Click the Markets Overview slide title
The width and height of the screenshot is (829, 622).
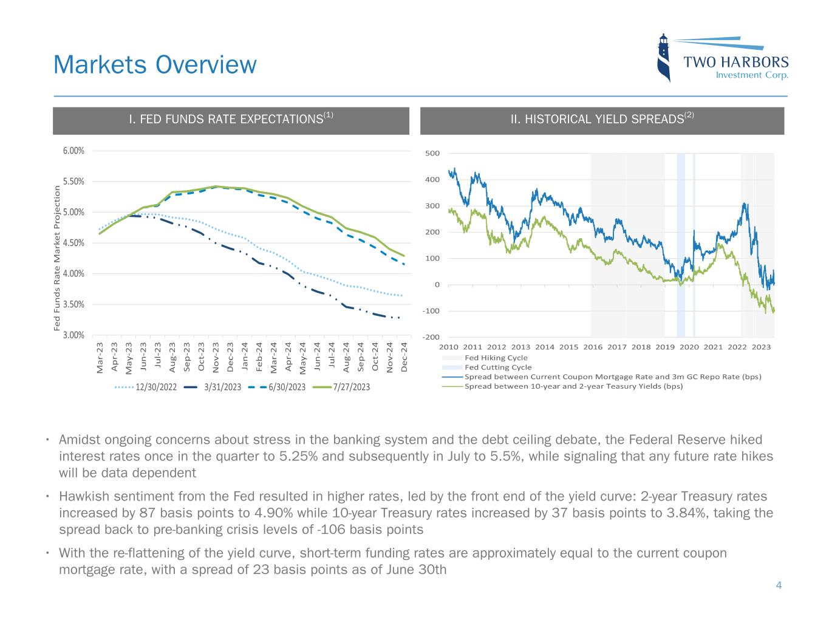click(155, 64)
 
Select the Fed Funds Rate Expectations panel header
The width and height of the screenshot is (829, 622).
click(231, 120)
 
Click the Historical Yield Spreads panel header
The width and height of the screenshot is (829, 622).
click(602, 120)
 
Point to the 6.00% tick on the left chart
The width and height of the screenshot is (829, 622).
click(73, 151)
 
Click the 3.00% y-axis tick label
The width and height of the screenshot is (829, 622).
click(73, 335)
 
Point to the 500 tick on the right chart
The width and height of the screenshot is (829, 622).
click(432, 153)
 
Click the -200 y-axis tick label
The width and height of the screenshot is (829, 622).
click(431, 337)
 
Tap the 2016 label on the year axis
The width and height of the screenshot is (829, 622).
click(593, 347)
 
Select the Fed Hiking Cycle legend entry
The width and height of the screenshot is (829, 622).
click(496, 358)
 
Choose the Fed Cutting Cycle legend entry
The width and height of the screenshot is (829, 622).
click(497, 367)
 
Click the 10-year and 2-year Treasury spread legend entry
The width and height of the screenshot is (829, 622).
click(573, 386)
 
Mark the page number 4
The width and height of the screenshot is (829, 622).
click(779, 586)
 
